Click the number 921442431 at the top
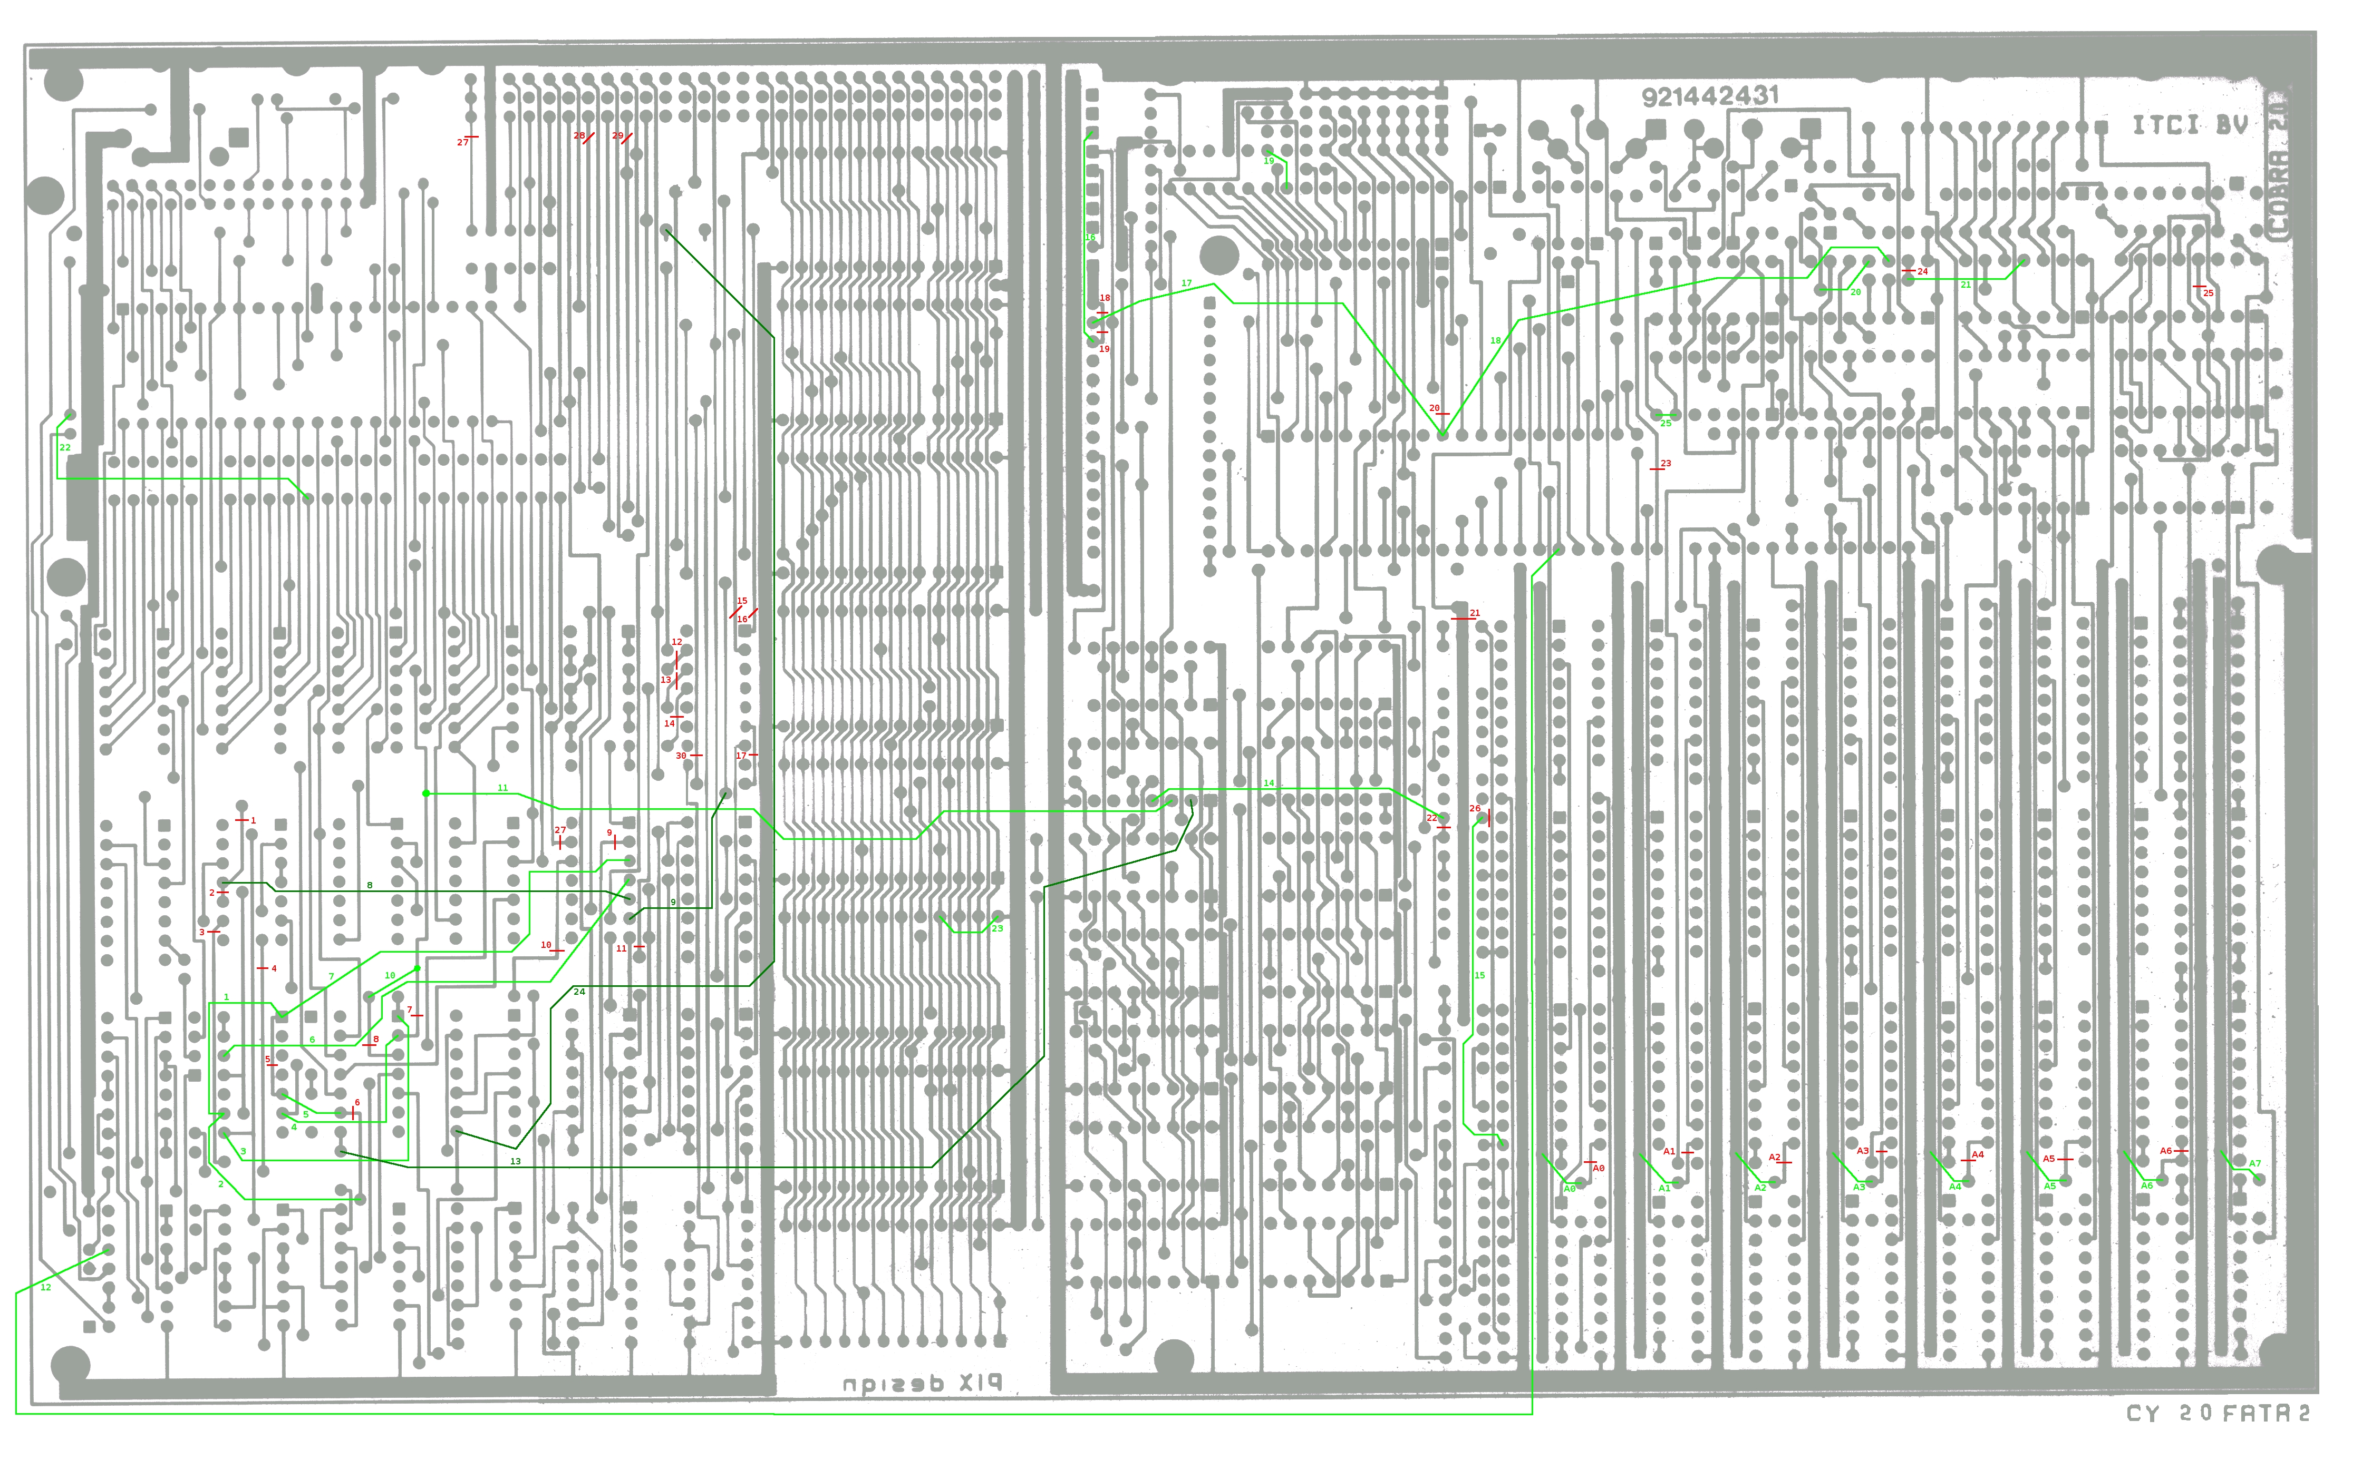tap(1710, 95)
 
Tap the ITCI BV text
tap(2189, 124)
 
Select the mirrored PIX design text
tap(923, 1383)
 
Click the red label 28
tap(579, 136)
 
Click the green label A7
tap(2255, 1163)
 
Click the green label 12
tap(45, 1287)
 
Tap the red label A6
tap(2166, 1151)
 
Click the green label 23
tap(997, 929)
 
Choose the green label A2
tap(1760, 1188)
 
